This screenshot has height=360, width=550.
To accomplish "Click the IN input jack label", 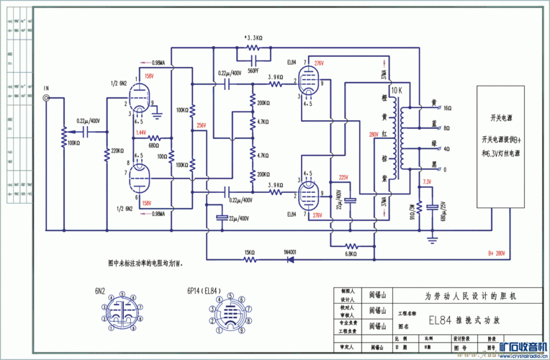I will (x=47, y=88).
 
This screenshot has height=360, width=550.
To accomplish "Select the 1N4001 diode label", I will (x=291, y=252).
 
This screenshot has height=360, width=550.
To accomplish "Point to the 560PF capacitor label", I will (x=253, y=71).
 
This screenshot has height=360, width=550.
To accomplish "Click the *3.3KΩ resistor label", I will (x=253, y=37).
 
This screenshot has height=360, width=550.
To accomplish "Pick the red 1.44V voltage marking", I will (x=140, y=133).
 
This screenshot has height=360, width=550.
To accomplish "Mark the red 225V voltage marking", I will (x=343, y=177).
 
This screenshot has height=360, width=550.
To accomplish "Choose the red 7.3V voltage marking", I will (x=427, y=181).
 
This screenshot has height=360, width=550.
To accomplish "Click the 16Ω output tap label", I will (x=447, y=107).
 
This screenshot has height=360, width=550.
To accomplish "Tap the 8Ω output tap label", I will (x=447, y=128).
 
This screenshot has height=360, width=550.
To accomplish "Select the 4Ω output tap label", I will (x=447, y=149).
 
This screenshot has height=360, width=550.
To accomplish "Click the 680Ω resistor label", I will (x=153, y=145).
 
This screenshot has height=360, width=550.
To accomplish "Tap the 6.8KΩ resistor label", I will (x=351, y=253).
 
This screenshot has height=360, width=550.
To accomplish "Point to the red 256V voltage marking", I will (x=201, y=125).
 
